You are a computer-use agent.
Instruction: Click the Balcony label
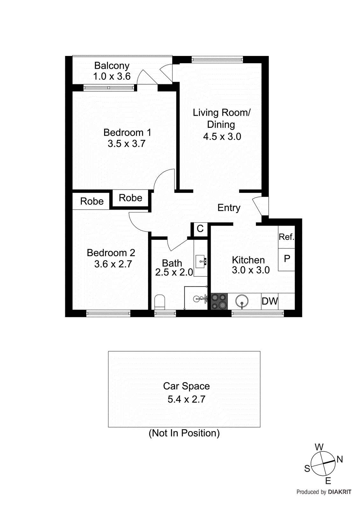tap(112, 66)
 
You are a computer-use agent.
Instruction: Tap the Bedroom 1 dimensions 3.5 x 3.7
tap(126, 143)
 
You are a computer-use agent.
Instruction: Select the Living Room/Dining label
tap(222, 118)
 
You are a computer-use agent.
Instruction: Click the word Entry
tap(229, 208)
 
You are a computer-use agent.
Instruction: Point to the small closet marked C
tap(200, 228)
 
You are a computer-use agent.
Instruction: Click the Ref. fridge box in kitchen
tap(286, 237)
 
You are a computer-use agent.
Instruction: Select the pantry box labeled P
tap(286, 259)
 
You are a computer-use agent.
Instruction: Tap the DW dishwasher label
tap(270, 301)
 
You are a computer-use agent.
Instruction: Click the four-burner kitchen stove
tap(219, 301)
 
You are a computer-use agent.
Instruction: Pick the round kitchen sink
tap(242, 301)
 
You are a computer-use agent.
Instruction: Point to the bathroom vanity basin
tap(201, 261)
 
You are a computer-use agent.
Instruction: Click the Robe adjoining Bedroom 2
tap(92, 201)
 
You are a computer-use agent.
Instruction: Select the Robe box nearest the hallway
tap(131, 198)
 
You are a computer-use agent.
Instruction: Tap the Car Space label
tap(186, 386)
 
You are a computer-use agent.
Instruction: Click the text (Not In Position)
tap(184, 433)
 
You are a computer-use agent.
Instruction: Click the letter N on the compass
tap(340, 459)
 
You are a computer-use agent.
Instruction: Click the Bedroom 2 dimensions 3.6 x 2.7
tap(113, 264)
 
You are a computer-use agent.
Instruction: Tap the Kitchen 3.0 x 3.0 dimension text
tap(251, 270)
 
